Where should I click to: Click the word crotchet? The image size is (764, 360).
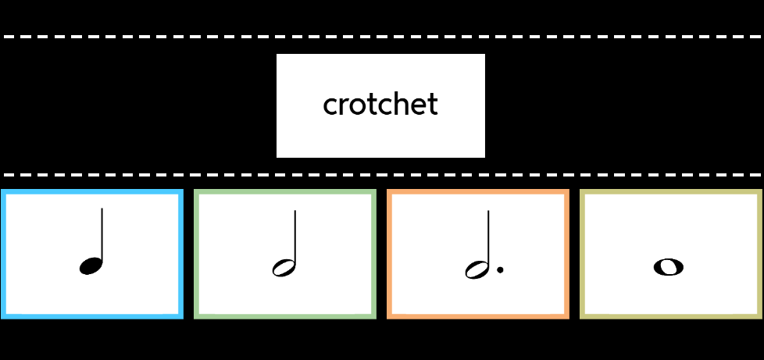click(380, 105)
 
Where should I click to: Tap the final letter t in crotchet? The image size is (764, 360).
click(432, 105)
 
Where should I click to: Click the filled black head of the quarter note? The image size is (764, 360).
click(91, 266)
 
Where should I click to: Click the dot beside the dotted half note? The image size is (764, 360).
click(500, 270)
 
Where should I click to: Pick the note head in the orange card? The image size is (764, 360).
click(477, 269)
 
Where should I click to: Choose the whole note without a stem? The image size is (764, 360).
click(668, 267)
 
